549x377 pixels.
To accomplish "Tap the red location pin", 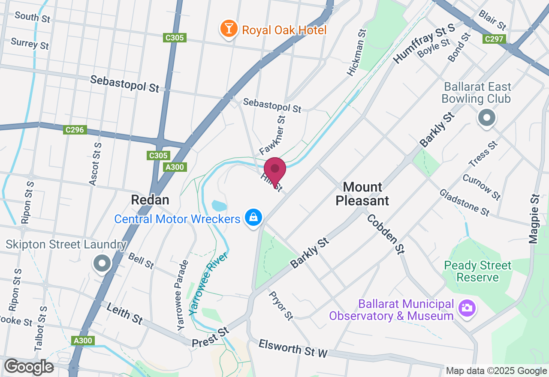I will (275, 170).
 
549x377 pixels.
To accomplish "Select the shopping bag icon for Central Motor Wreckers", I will (253, 218).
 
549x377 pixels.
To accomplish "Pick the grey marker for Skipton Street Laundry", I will (102, 263).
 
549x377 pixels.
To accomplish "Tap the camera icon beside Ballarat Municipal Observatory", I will (466, 308).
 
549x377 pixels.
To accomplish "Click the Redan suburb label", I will (150, 200).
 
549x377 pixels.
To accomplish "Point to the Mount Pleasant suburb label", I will (362, 194).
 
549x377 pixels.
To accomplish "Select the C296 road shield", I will (75, 129).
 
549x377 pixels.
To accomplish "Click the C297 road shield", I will (494, 39).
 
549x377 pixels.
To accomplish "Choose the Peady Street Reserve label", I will (478, 271).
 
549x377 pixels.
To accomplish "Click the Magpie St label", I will (534, 219).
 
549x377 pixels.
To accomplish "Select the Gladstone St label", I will (465, 203).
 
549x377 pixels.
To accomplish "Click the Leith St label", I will (124, 313).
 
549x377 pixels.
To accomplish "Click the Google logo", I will (29, 367).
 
